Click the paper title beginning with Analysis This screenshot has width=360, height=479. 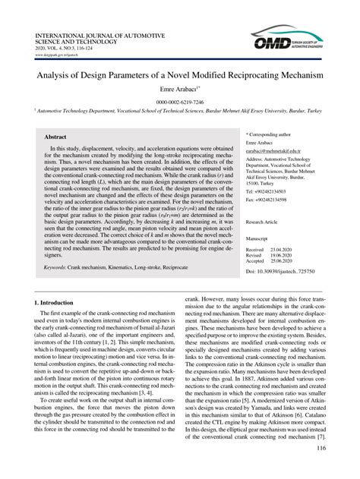(180, 77)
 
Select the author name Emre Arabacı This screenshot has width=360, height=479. (178, 90)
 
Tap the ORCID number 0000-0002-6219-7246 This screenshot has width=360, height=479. (180, 101)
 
